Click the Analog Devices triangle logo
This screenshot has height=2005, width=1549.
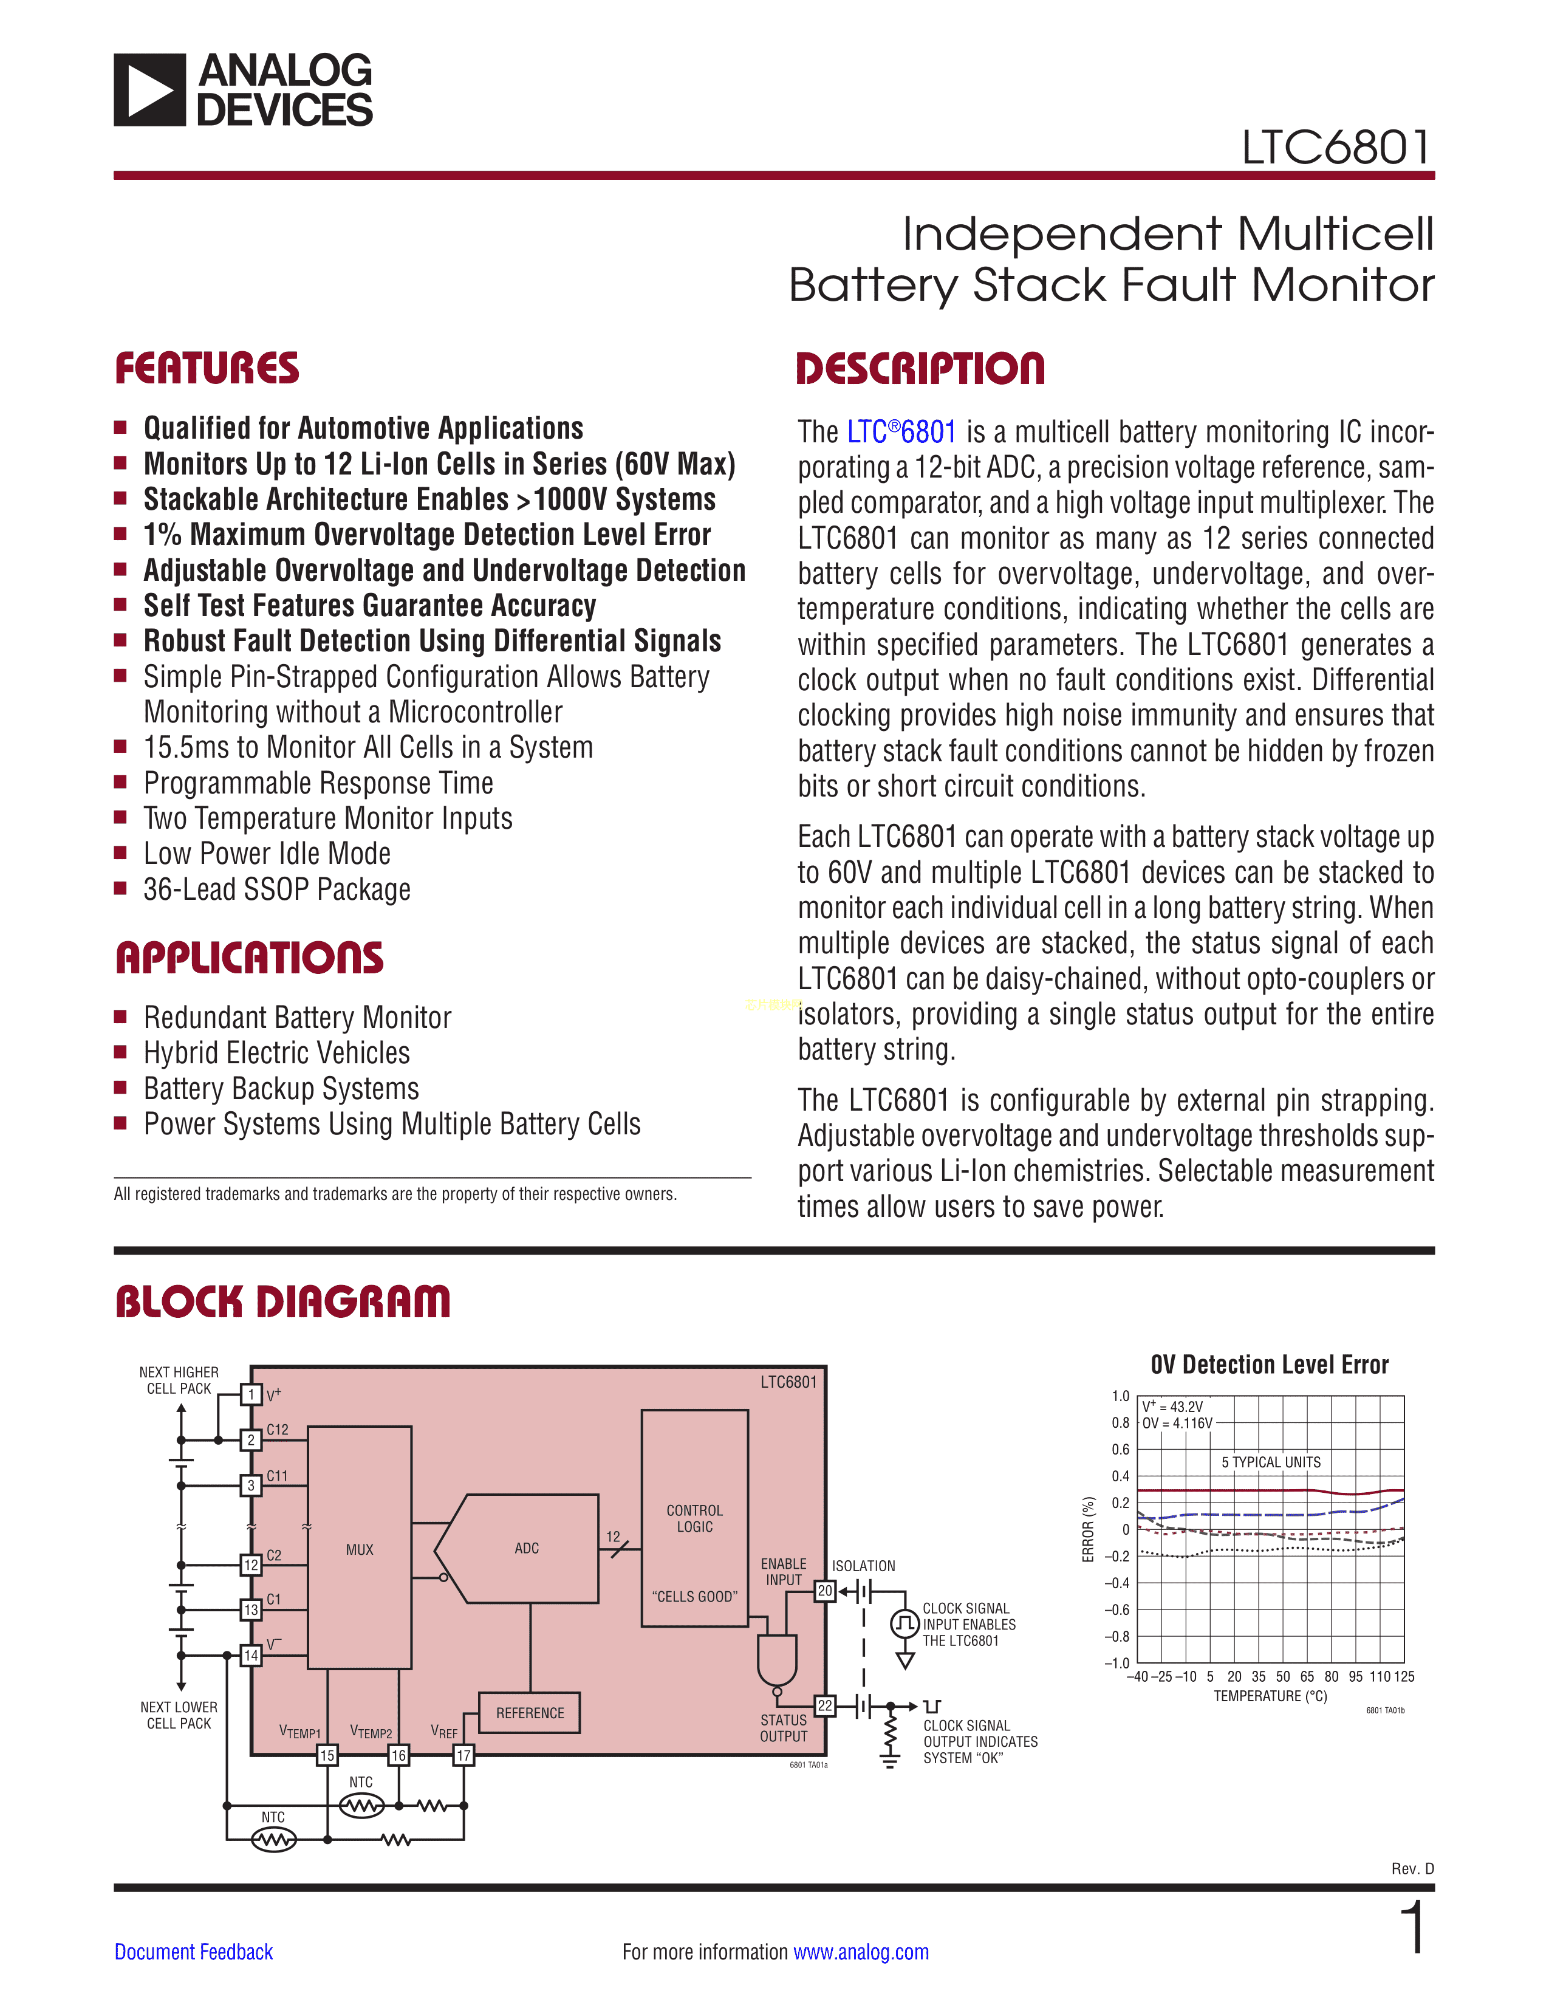[149, 90]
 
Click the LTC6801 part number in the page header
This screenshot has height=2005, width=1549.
[1336, 148]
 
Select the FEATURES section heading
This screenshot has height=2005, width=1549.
[207, 369]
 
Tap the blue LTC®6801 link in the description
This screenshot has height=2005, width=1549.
[901, 431]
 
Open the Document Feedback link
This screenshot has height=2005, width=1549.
[194, 1952]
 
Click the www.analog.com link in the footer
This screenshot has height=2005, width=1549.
[861, 1952]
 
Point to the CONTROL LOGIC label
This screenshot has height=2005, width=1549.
[695, 1518]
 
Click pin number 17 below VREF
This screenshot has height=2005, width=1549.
[464, 1755]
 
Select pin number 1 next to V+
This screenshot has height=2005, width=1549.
[250, 1394]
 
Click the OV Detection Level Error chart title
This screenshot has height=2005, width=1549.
[1269, 1365]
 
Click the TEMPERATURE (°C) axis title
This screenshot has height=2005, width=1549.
[1270, 1696]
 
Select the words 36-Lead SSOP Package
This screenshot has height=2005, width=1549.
[277, 889]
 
